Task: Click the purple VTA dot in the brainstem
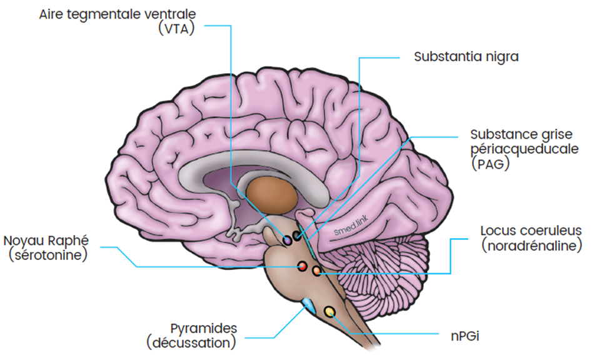[288, 240]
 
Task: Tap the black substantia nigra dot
[297, 237]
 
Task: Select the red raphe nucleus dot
[301, 267]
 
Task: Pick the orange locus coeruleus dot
[316, 271]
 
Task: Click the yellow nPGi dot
[330, 311]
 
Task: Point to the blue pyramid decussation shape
[309, 306]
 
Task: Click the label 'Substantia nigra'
[466, 56]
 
